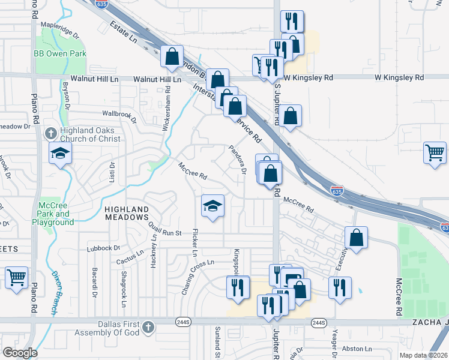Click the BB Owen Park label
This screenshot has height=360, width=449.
pos(60,54)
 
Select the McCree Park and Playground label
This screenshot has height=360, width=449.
pos(55,214)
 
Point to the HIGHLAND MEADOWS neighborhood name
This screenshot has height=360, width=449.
pos(127,213)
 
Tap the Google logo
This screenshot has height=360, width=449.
pos(19,352)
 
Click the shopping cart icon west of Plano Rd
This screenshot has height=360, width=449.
pos(17,278)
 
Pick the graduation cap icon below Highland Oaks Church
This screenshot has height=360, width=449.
pos(60,153)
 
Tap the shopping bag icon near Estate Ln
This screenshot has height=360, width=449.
pos(172,56)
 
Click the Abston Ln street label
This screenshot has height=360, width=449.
pos(358,348)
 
